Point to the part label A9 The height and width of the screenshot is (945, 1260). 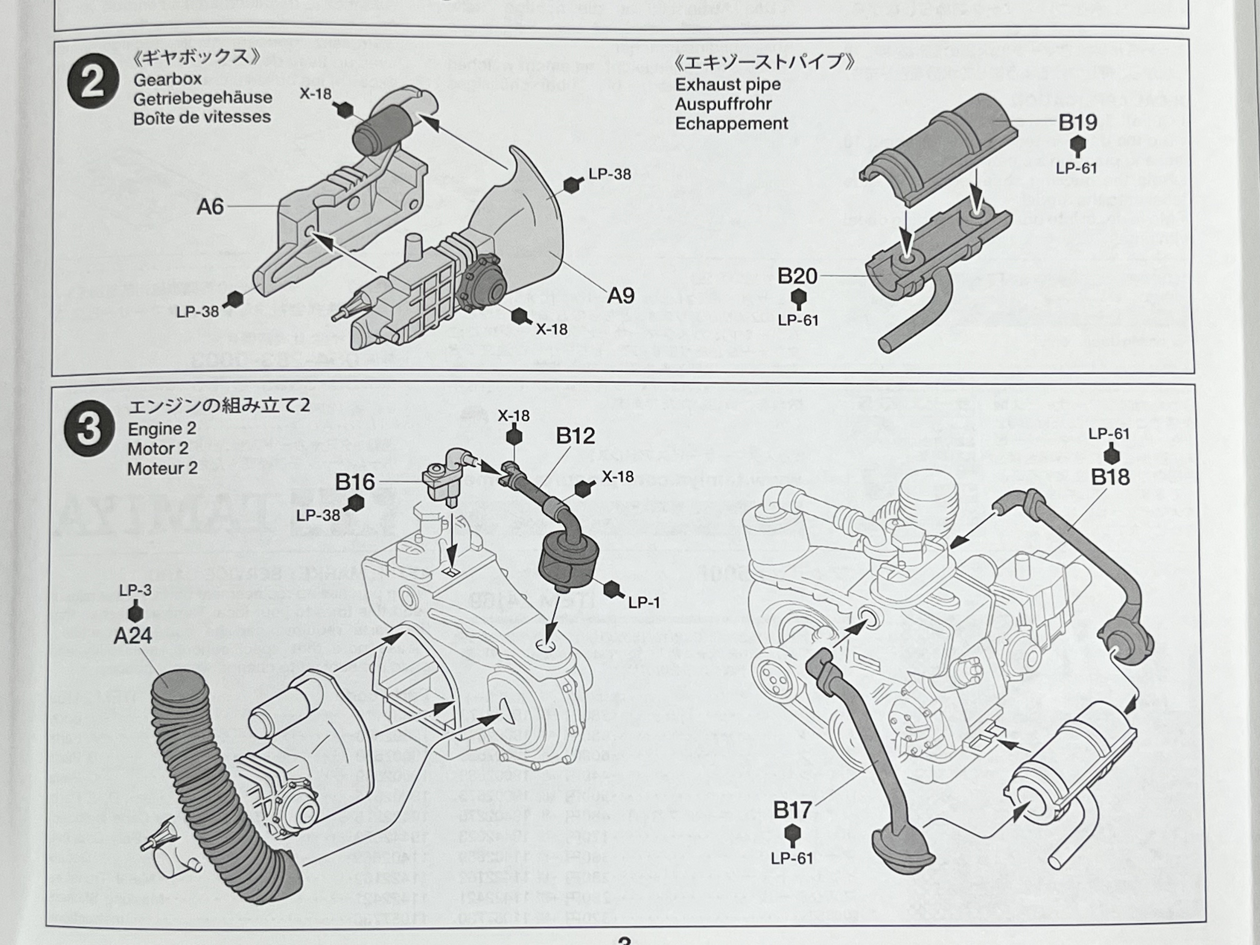[x=620, y=296]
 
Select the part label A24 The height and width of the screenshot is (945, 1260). [x=133, y=635]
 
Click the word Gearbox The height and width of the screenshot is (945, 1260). [x=167, y=79]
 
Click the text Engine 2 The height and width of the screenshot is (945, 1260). [x=162, y=429]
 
